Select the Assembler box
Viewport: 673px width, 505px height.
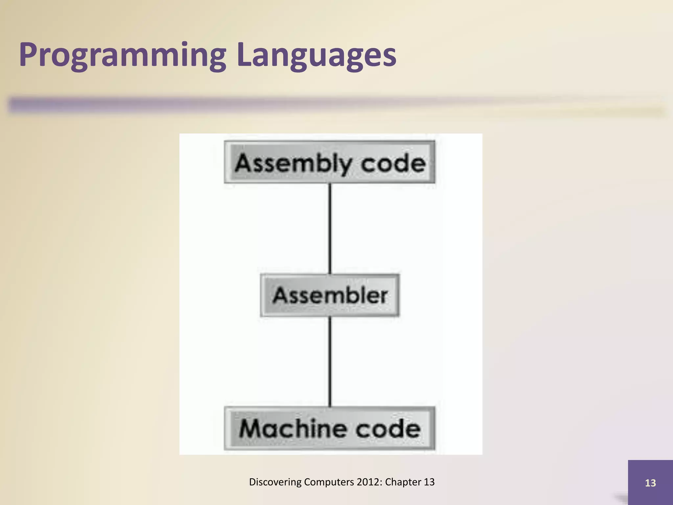330,295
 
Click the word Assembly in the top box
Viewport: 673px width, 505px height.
292,163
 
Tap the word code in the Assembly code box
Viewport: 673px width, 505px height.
393,163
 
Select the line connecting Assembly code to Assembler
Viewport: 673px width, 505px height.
330,228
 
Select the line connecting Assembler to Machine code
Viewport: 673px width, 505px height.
330,362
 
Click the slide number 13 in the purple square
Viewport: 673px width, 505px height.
650,483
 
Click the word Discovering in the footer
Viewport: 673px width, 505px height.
275,482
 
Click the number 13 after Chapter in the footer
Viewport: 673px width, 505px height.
429,482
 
